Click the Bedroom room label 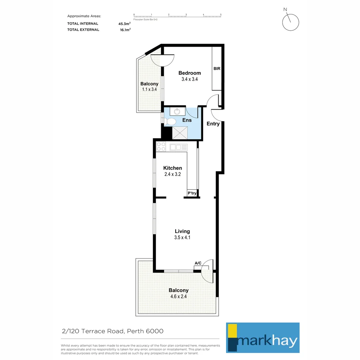pyautogui.click(x=189, y=73)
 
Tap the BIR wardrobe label pyautogui.click(x=217, y=69)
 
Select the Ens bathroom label pyautogui.click(x=187, y=120)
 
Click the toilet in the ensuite pyautogui.click(x=170, y=122)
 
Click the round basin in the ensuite pyautogui.click(x=177, y=111)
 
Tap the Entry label pyautogui.click(x=213, y=124)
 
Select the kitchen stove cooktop pyautogui.click(x=161, y=146)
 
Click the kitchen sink pyautogui.click(x=179, y=147)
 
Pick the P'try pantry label pyautogui.click(x=192, y=193)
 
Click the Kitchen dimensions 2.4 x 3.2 pyautogui.click(x=172, y=174)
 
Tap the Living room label pyautogui.click(x=182, y=231)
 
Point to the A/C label pyautogui.click(x=198, y=263)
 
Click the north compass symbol pyautogui.click(x=290, y=22)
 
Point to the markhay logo pyautogui.click(x=263, y=337)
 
